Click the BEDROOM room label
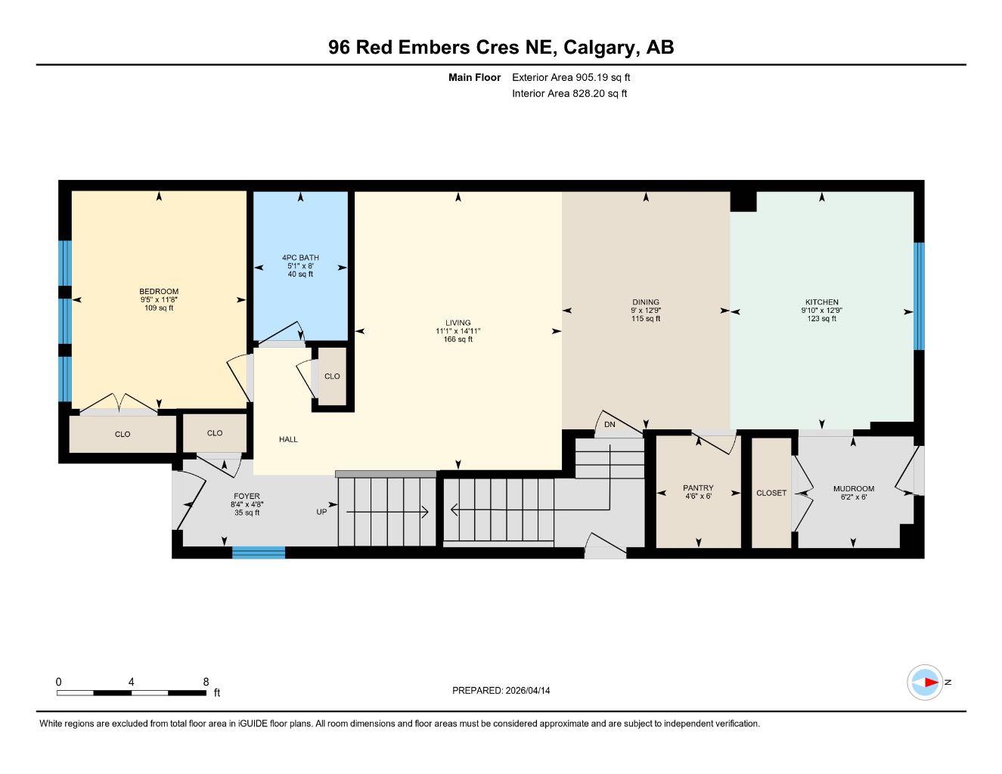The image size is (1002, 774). coord(159,292)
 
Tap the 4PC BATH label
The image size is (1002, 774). coord(300,258)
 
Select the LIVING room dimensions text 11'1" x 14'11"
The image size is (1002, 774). coord(458,331)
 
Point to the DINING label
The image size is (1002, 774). coord(646,302)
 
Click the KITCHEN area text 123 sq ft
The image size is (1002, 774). coord(821,319)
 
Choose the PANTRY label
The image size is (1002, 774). coord(698,488)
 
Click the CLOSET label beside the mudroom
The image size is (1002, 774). coord(771,493)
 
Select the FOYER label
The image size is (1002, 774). coord(247,497)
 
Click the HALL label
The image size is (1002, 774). coord(288,439)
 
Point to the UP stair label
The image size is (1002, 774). coord(321,512)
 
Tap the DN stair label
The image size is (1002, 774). coord(610,425)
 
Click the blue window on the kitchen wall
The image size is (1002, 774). coord(919,296)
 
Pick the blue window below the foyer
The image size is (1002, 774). coord(258,553)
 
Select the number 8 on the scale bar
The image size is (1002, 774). coord(206,682)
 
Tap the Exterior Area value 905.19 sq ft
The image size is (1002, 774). coord(603,77)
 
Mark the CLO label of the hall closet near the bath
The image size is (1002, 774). coord(332,376)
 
